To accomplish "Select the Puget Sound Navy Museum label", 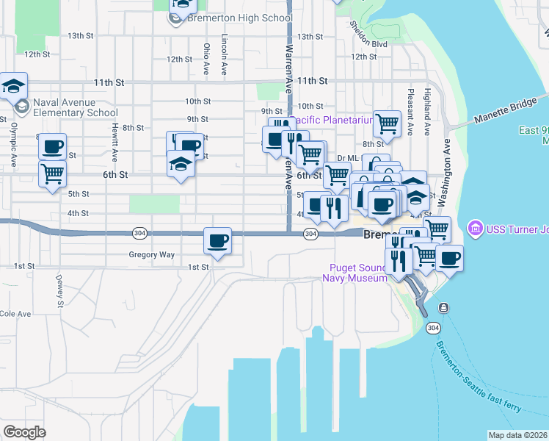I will point(355,273).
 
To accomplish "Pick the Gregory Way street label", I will point(152,254).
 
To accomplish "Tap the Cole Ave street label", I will point(15,314).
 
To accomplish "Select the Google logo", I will point(25,431).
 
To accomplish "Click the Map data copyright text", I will point(517,435).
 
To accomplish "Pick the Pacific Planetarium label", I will point(332,120).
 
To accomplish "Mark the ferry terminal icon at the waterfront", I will point(443,307).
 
